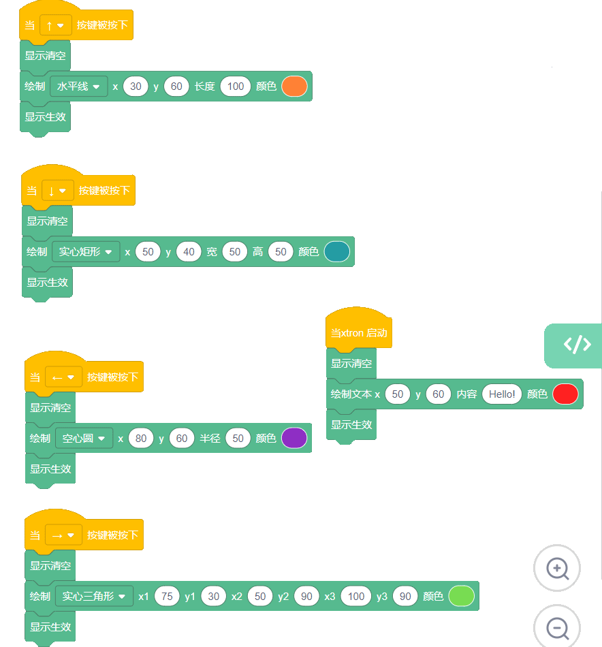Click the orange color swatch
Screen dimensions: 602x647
pos(294,86)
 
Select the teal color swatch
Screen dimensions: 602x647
pos(336,252)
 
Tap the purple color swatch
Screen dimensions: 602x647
pos(294,438)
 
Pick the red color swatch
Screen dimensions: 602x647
pos(565,394)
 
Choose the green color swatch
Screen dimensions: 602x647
pos(461,596)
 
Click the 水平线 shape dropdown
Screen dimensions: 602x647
pos(79,86)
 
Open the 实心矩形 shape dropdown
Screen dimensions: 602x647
pos(86,252)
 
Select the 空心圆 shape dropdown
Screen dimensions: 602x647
pos(84,438)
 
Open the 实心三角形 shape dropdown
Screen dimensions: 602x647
pos(94,596)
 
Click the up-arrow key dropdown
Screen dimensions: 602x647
pos(56,25)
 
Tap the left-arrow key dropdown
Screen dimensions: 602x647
pos(63,377)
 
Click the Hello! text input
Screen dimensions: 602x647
pos(502,394)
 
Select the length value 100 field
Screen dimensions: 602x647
pos(236,86)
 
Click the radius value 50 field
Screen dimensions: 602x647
pos(238,438)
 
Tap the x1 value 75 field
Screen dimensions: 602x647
pos(167,596)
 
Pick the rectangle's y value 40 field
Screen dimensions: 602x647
pos(189,252)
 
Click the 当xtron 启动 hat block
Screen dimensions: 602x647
pos(359,328)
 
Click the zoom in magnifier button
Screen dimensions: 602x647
pos(557,568)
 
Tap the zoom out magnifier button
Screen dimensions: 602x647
pos(557,627)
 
